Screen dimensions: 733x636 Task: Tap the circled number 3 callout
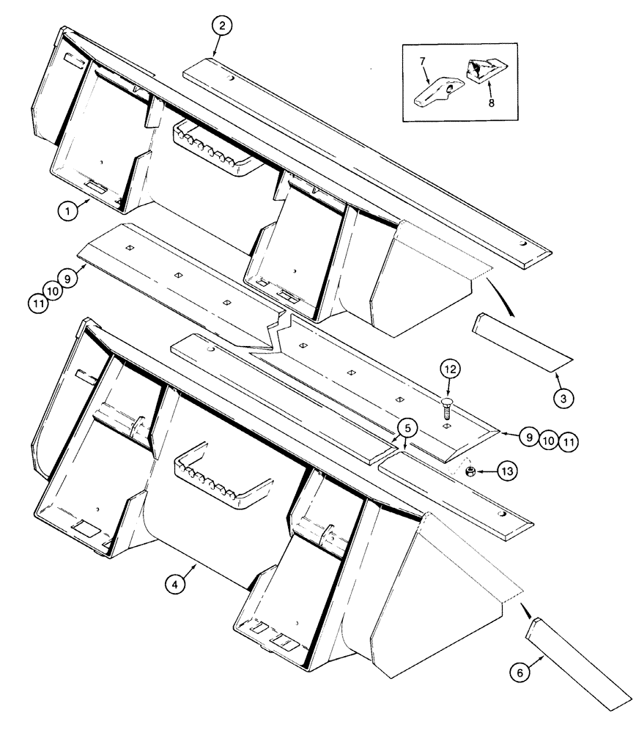click(563, 399)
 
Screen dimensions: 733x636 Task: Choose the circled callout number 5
click(409, 426)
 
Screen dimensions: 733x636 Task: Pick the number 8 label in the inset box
click(491, 103)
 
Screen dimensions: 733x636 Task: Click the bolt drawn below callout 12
click(446, 407)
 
